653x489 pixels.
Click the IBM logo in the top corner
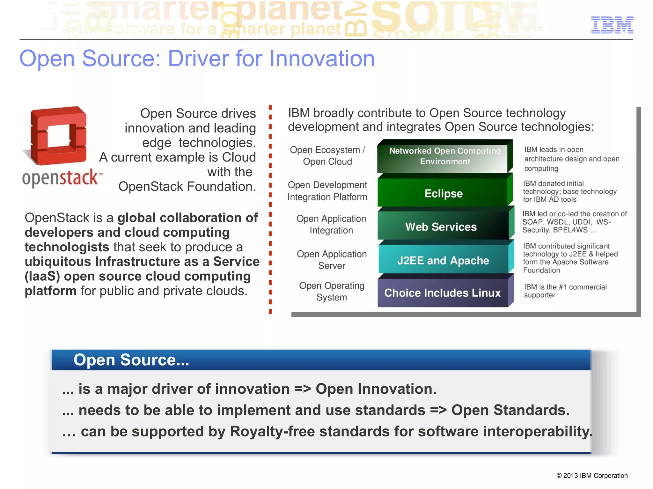click(x=612, y=25)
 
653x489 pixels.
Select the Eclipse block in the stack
click(x=443, y=193)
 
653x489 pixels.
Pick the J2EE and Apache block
click(x=443, y=261)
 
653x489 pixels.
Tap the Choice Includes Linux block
click(x=442, y=293)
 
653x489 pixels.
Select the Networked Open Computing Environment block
click(x=445, y=156)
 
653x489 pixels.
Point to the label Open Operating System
click(x=332, y=291)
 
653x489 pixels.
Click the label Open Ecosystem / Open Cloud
click(x=327, y=155)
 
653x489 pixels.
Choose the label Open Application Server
click(x=332, y=260)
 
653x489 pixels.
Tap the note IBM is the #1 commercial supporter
click(x=565, y=291)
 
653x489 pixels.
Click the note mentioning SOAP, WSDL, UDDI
click(x=574, y=222)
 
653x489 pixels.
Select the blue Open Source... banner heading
click(x=131, y=360)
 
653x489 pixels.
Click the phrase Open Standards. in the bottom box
click(x=510, y=410)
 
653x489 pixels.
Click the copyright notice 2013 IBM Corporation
click(x=592, y=476)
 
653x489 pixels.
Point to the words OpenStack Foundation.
click(x=187, y=186)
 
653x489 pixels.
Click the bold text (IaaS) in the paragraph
click(x=42, y=276)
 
